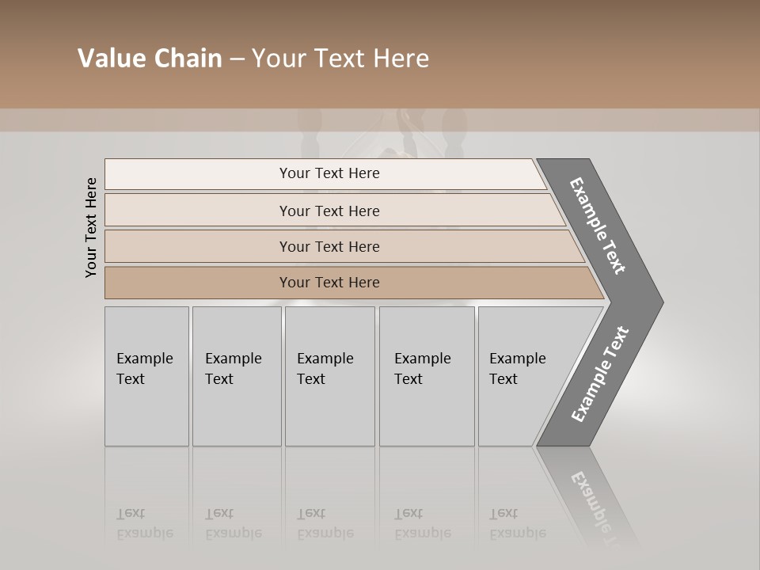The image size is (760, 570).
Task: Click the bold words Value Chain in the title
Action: [x=150, y=59]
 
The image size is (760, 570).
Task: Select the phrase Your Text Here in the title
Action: [x=340, y=59]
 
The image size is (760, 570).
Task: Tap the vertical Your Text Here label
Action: [x=91, y=227]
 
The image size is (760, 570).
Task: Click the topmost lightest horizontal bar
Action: [x=198, y=173]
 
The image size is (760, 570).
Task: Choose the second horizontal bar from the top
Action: [x=198, y=211]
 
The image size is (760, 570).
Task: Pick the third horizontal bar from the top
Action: [x=198, y=246]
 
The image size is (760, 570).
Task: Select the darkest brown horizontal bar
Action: [x=198, y=283]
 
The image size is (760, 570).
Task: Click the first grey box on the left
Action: [x=146, y=376]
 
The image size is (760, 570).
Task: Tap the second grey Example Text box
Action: [x=236, y=376]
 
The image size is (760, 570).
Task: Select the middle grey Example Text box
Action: [x=329, y=376]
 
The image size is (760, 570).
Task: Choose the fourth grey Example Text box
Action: [x=426, y=376]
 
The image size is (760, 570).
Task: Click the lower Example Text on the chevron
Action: [x=600, y=374]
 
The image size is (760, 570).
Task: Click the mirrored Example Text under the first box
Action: [x=144, y=523]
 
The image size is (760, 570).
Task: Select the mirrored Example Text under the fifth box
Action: [x=517, y=523]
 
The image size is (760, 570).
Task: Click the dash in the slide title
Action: [x=237, y=59]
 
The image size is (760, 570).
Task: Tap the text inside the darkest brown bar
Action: [x=329, y=283]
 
